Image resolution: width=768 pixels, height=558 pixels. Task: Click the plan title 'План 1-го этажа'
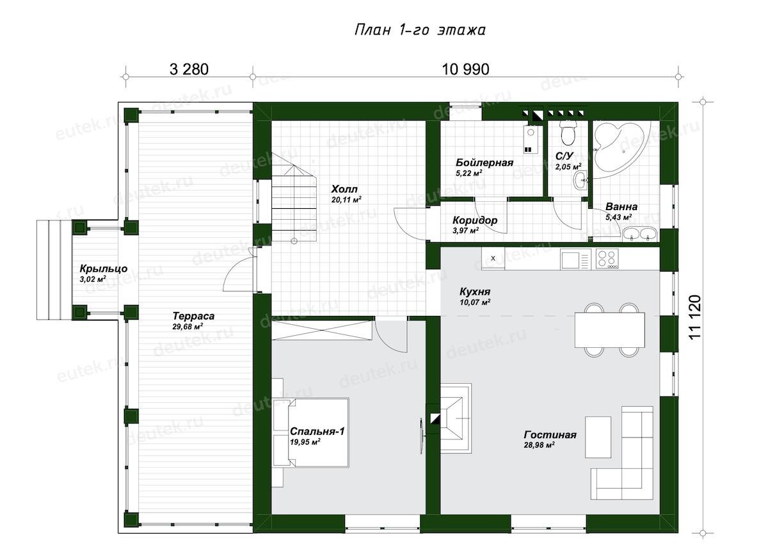tap(420, 30)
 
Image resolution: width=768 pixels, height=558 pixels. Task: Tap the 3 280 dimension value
tap(189, 69)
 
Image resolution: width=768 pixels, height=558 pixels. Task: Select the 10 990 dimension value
tap(465, 69)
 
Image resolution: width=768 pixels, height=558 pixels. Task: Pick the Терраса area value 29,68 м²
tap(188, 326)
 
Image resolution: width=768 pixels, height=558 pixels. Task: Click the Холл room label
tap(344, 189)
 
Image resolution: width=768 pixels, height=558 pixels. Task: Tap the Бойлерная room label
tap(484, 162)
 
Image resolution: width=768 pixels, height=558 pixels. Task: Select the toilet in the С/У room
tap(568, 133)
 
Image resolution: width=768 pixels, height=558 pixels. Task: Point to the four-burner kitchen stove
tap(607, 258)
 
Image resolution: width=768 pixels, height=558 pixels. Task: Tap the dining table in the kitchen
tap(609, 330)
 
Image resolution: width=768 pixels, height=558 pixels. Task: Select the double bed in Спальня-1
tap(310, 432)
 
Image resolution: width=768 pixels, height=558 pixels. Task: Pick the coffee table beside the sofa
tap(598, 437)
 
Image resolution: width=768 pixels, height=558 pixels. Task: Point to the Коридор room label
tap(474, 220)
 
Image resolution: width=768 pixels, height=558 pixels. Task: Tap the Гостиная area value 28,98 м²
tap(540, 445)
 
